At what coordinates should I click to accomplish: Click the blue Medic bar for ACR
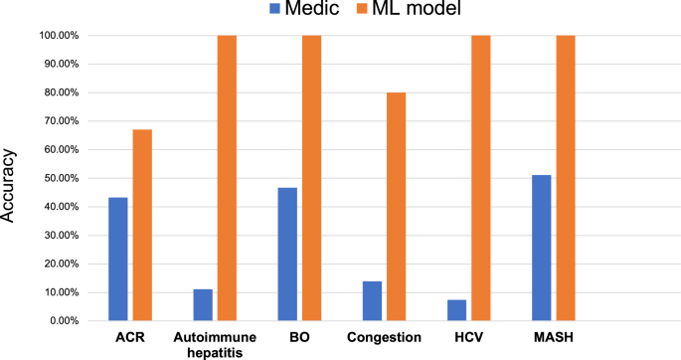[118, 259]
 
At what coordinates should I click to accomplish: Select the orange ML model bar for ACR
[142, 225]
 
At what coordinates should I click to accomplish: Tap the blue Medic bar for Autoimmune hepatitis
[203, 304]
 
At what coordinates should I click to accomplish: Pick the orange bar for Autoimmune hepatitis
[227, 178]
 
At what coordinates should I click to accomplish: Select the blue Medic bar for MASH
[541, 248]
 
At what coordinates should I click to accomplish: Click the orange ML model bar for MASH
[566, 178]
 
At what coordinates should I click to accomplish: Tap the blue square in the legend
[275, 11]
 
